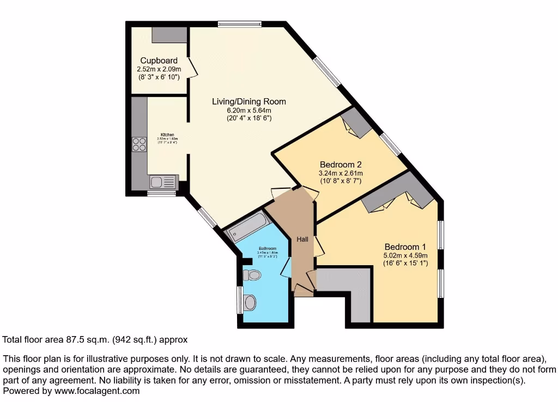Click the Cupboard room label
pos(159,61)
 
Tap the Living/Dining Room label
pos(248,101)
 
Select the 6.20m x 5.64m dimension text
pos(248,110)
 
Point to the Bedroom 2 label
pos(341,164)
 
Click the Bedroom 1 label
pos(405,247)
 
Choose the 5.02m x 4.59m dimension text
pos(405,255)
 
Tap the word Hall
pos(302,239)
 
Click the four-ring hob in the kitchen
pos(139,144)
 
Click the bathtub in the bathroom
pos(247,228)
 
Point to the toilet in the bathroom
pos(251,274)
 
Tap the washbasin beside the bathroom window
pos(251,301)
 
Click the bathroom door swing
pos(285,267)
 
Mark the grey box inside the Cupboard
pos(169,34)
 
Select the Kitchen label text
pos(167,134)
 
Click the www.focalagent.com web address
pos(93,391)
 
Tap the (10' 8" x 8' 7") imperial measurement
pos(341,181)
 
